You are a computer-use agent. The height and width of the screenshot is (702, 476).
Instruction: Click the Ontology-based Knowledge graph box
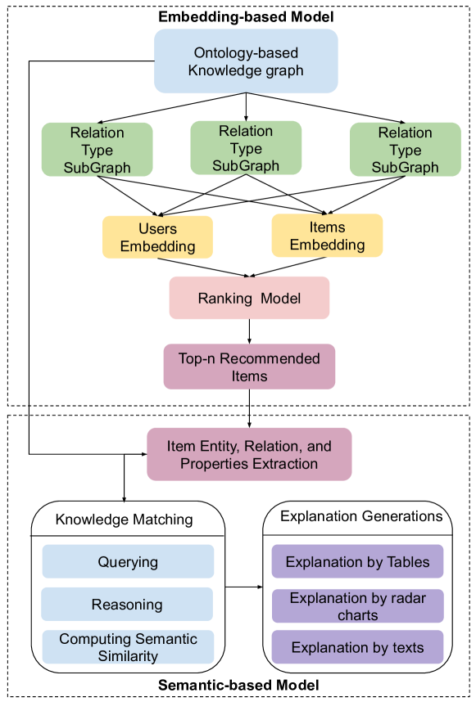pos(246,61)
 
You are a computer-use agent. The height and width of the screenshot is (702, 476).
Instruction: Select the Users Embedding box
pos(157,237)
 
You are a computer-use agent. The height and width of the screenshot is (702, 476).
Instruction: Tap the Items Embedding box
pos(327,236)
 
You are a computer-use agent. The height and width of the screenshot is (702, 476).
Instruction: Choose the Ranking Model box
pos(249,298)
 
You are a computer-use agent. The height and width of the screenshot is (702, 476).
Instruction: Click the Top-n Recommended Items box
pos(249,367)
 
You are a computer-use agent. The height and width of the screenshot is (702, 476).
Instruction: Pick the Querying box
pos(128,561)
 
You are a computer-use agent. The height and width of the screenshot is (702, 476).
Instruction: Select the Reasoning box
pos(128,605)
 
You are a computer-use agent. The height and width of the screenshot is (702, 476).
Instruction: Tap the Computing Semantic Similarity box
pos(128,646)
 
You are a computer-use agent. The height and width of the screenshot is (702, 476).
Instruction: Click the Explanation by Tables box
pos(357,561)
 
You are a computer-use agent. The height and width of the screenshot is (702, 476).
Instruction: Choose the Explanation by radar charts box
pos(357,606)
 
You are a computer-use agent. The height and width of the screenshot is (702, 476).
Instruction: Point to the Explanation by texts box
pos(357,647)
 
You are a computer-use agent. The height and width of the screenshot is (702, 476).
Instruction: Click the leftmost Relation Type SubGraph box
pos(97,150)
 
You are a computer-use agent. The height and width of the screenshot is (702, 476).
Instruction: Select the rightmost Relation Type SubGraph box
pos(405,150)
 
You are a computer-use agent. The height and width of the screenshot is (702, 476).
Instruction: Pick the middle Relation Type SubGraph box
pos(246,148)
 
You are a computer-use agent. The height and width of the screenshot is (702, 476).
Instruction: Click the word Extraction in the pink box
pos(283,464)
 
